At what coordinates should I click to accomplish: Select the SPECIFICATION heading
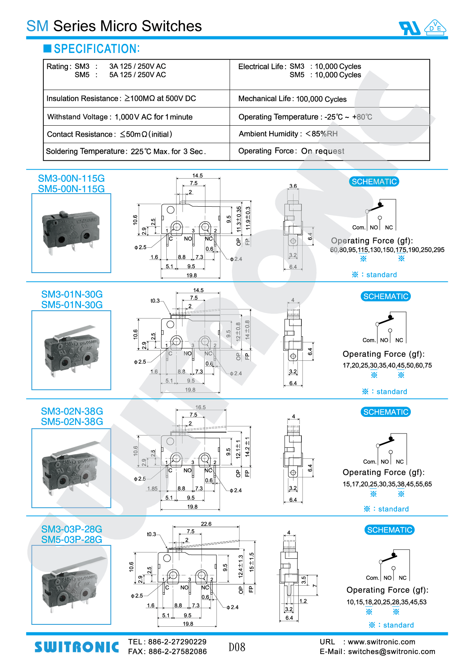(97, 49)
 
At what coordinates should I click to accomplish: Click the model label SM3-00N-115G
(71, 178)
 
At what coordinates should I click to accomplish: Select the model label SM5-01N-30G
(72, 305)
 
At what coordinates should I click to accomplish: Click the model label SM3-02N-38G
(72, 411)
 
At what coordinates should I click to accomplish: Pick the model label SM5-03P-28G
(72, 539)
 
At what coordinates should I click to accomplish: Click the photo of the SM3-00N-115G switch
(71, 233)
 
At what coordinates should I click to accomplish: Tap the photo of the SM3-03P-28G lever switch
(71, 585)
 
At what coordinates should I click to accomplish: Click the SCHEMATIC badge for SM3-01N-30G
(386, 296)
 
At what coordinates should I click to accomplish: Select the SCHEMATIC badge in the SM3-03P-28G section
(389, 530)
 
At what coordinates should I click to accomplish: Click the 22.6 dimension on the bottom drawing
(206, 524)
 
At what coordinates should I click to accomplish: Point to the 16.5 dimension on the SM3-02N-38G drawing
(200, 407)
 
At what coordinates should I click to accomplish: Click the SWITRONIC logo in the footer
(77, 647)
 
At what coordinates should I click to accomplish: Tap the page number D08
(237, 647)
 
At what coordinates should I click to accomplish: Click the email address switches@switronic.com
(391, 652)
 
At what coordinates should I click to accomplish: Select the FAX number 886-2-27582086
(177, 652)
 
